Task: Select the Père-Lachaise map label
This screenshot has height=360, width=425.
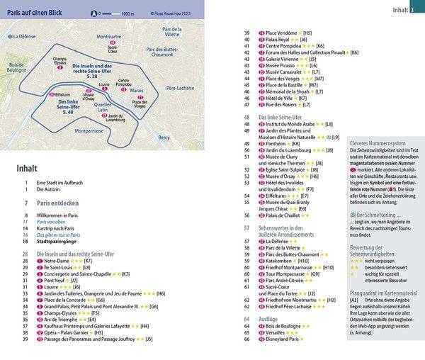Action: click(x=179, y=89)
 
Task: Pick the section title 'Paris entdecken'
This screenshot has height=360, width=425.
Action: click(x=60, y=203)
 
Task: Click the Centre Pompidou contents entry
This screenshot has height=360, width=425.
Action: click(x=283, y=45)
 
